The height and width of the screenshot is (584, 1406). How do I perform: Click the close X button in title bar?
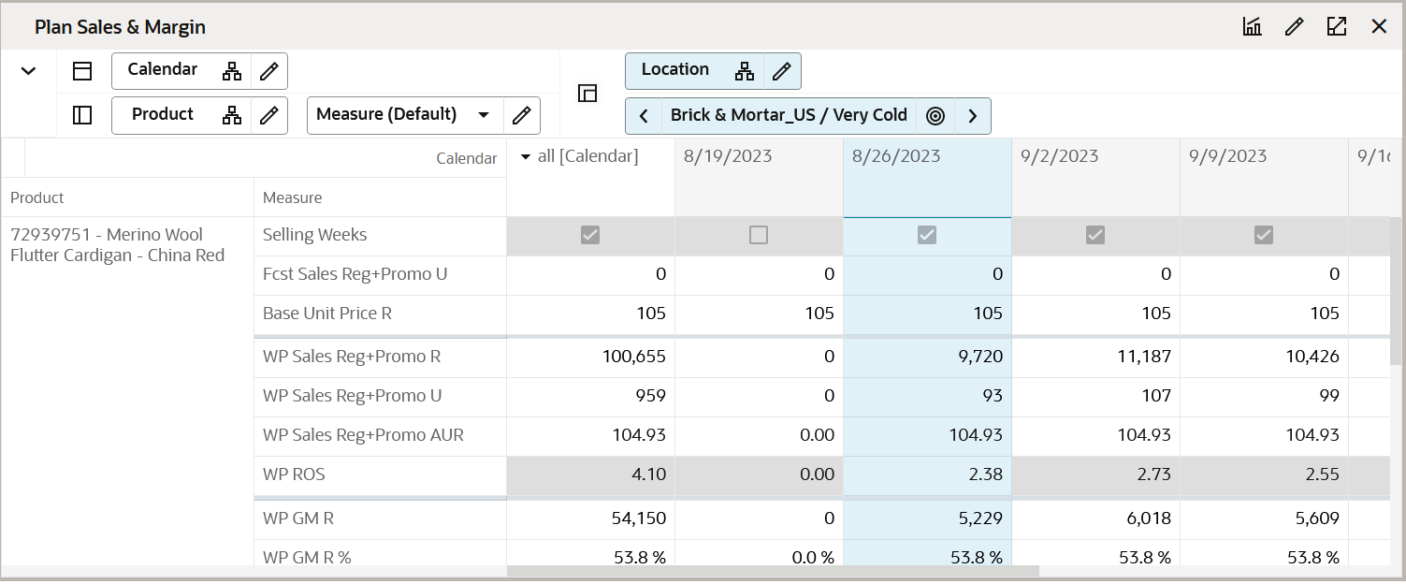pyautogui.click(x=1379, y=26)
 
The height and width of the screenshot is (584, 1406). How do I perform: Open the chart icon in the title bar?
pyautogui.click(x=1252, y=26)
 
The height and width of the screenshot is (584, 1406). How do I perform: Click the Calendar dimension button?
pyautogui.click(x=163, y=70)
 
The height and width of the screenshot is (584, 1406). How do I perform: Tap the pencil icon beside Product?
pyautogui.click(x=269, y=115)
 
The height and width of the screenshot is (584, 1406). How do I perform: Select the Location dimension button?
pyautogui.click(x=675, y=70)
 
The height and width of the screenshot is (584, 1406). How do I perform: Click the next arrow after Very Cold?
pyautogui.click(x=973, y=116)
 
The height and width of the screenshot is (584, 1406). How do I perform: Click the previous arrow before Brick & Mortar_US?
pyautogui.click(x=644, y=116)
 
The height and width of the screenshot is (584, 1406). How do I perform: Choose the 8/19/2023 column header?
pyautogui.click(x=728, y=156)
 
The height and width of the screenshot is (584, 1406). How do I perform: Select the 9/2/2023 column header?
pyautogui.click(x=1060, y=156)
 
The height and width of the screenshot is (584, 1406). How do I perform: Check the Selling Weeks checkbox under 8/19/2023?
pyautogui.click(x=759, y=235)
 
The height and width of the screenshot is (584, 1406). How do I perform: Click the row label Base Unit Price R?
pyautogui.click(x=327, y=314)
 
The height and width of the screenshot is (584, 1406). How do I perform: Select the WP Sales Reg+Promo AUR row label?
pyautogui.click(x=363, y=435)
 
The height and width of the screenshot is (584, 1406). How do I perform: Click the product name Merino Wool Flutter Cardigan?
pyautogui.click(x=117, y=244)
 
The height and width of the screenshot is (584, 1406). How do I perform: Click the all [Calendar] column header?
pyautogui.click(x=587, y=156)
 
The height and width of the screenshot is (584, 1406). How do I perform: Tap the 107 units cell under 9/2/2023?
pyautogui.click(x=1156, y=396)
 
